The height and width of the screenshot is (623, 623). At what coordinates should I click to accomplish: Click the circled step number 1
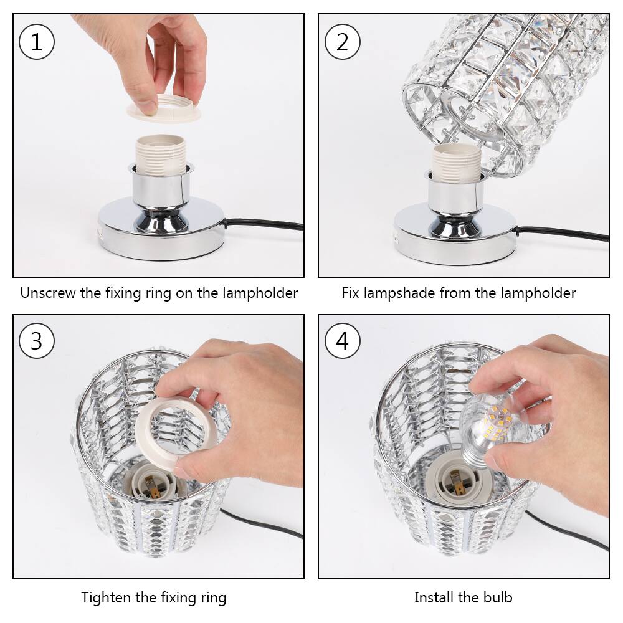[37, 42]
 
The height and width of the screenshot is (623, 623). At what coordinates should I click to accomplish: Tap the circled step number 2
[343, 42]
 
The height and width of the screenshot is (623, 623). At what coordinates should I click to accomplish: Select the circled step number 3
[37, 341]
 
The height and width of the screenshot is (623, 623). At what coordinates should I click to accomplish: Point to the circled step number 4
[343, 341]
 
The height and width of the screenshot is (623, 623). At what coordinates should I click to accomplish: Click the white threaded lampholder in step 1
[161, 153]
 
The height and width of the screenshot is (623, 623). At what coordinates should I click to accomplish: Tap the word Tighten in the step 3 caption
[106, 598]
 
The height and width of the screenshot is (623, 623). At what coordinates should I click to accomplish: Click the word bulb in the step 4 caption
[497, 598]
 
